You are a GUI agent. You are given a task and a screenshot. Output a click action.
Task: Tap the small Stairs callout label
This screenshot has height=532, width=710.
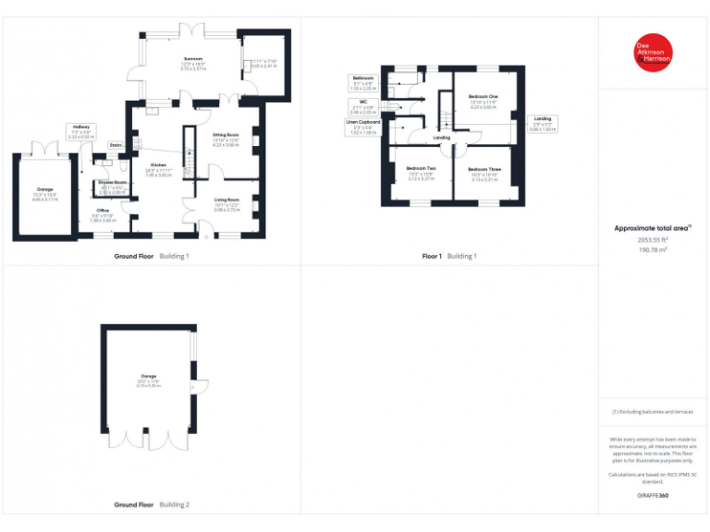116,145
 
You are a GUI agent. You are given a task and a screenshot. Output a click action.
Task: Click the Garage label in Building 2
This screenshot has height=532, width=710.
148,379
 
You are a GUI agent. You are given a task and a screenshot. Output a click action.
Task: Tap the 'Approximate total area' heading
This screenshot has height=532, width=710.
653,227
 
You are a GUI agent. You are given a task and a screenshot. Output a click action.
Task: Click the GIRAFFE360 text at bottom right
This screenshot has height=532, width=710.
652,496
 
